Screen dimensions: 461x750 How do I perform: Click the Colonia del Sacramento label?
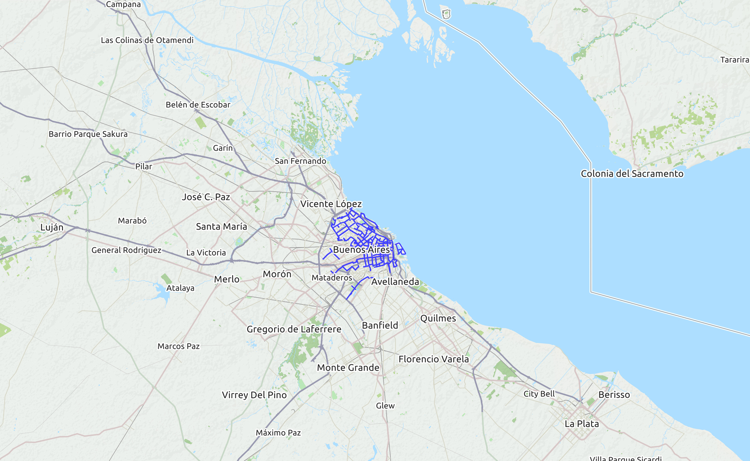632,174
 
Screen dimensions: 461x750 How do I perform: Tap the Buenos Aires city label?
361,250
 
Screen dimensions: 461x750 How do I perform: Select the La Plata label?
582,424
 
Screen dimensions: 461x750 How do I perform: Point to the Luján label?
52,228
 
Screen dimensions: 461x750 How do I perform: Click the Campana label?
123,4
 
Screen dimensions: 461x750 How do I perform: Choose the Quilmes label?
438,318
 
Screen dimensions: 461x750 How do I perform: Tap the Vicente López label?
331,204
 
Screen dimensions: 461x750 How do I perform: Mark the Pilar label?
144,166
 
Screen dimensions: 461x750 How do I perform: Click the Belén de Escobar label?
198,105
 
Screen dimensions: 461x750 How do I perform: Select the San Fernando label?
300,161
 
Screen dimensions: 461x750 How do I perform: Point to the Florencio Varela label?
433,359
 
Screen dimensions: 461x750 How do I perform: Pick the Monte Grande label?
348,368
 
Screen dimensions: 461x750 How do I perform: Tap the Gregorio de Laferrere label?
294,329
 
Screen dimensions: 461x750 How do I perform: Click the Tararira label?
734,60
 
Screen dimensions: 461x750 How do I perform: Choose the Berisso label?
614,395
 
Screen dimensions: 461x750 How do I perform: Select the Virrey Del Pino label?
254,395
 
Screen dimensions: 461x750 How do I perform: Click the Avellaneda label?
395,281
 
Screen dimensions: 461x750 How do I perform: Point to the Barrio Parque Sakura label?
88,134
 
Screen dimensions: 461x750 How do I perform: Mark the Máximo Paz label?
278,433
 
